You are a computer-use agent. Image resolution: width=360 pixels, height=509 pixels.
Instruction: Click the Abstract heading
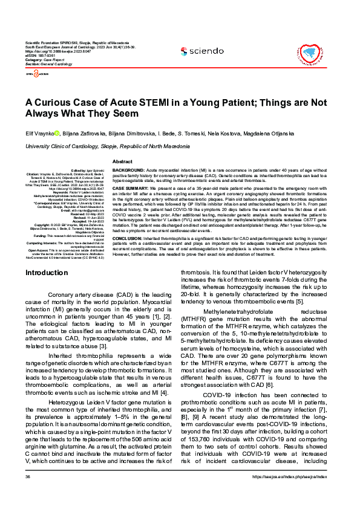[123, 162]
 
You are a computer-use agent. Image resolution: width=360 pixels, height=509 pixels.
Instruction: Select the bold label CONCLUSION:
[130, 238]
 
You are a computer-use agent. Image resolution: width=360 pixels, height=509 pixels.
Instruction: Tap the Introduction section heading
[47, 273]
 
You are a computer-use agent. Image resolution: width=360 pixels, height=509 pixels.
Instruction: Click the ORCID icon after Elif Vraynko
[57, 133]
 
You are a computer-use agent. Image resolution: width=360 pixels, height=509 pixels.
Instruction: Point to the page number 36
[27, 494]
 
